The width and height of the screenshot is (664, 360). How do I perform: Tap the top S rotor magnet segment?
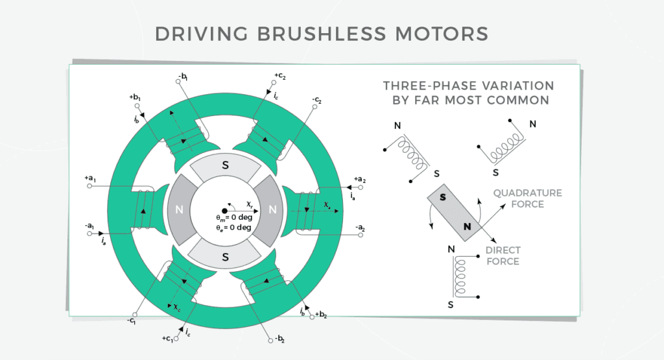225,166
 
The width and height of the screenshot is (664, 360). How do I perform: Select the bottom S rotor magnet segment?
225,257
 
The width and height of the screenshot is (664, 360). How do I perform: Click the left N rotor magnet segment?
180,210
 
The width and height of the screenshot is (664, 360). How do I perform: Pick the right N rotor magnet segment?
272,210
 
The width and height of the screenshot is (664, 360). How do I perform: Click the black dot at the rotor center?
224,210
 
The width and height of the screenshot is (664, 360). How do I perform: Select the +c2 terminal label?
280,77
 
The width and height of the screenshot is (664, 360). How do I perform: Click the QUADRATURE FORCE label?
527,198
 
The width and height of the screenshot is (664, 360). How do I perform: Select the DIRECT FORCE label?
503,256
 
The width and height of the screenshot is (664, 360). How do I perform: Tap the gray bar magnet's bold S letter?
442,197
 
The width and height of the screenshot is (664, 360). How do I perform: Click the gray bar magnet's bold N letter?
467,226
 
